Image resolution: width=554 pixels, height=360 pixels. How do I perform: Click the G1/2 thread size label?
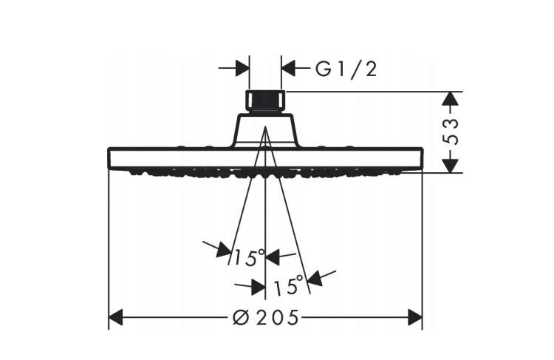click(x=346, y=69)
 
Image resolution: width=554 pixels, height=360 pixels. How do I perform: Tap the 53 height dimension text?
click(x=451, y=132)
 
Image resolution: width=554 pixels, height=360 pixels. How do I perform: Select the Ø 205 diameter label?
click(x=266, y=317)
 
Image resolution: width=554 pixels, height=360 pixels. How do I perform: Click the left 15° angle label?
click(x=249, y=257)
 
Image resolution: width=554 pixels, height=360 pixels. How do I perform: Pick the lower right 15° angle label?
click(x=289, y=285)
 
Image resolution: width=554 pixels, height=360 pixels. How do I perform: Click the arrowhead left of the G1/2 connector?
click(x=242, y=68)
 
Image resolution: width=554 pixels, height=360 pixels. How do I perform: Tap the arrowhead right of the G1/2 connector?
click(x=288, y=68)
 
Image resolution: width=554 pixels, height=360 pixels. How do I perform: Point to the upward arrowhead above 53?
click(x=451, y=98)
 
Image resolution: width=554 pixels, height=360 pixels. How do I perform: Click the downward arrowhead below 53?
click(x=451, y=166)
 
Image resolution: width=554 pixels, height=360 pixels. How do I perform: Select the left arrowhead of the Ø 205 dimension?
click(x=115, y=317)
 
